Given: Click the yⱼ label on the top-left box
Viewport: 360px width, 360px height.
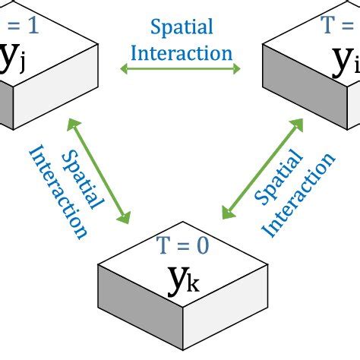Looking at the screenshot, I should click(x=16, y=59).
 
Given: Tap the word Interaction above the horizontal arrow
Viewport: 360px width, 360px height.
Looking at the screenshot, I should click(x=182, y=53).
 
